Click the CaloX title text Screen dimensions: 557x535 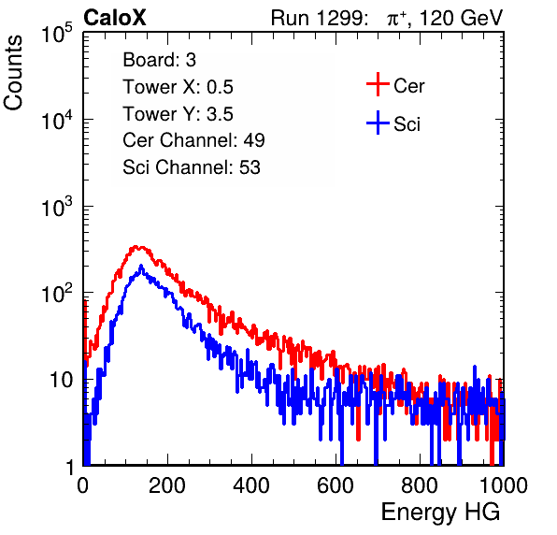pyautogui.click(x=115, y=18)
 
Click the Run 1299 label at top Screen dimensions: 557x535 pyautogui.click(x=319, y=18)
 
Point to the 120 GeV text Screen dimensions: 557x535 pyautogui.click(x=462, y=18)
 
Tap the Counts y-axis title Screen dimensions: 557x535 pyautogui.click(x=13, y=73)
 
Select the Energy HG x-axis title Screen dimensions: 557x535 pyautogui.click(x=440, y=513)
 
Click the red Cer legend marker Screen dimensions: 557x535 pyautogui.click(x=378, y=84)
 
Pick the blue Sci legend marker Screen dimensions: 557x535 pyautogui.click(x=378, y=123)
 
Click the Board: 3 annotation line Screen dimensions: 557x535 pyautogui.click(x=160, y=60)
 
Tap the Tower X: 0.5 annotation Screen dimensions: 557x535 pyautogui.click(x=178, y=87)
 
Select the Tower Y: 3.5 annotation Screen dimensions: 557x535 pyautogui.click(x=178, y=114)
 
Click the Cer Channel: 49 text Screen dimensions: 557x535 pyautogui.click(x=193, y=140)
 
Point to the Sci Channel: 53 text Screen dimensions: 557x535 pyautogui.click(x=192, y=167)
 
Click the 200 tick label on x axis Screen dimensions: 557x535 pyautogui.click(x=167, y=485)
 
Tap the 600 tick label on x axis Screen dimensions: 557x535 pyautogui.click(x=336, y=485)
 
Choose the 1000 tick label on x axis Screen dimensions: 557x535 pyautogui.click(x=504, y=485)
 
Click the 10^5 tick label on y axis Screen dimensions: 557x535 pyautogui.click(x=57, y=34)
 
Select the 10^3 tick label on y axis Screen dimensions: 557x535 pyautogui.click(x=57, y=208)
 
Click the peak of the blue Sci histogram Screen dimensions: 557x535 pyautogui.click(x=141, y=266)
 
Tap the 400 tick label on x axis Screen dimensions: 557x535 pyautogui.click(x=251, y=485)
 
